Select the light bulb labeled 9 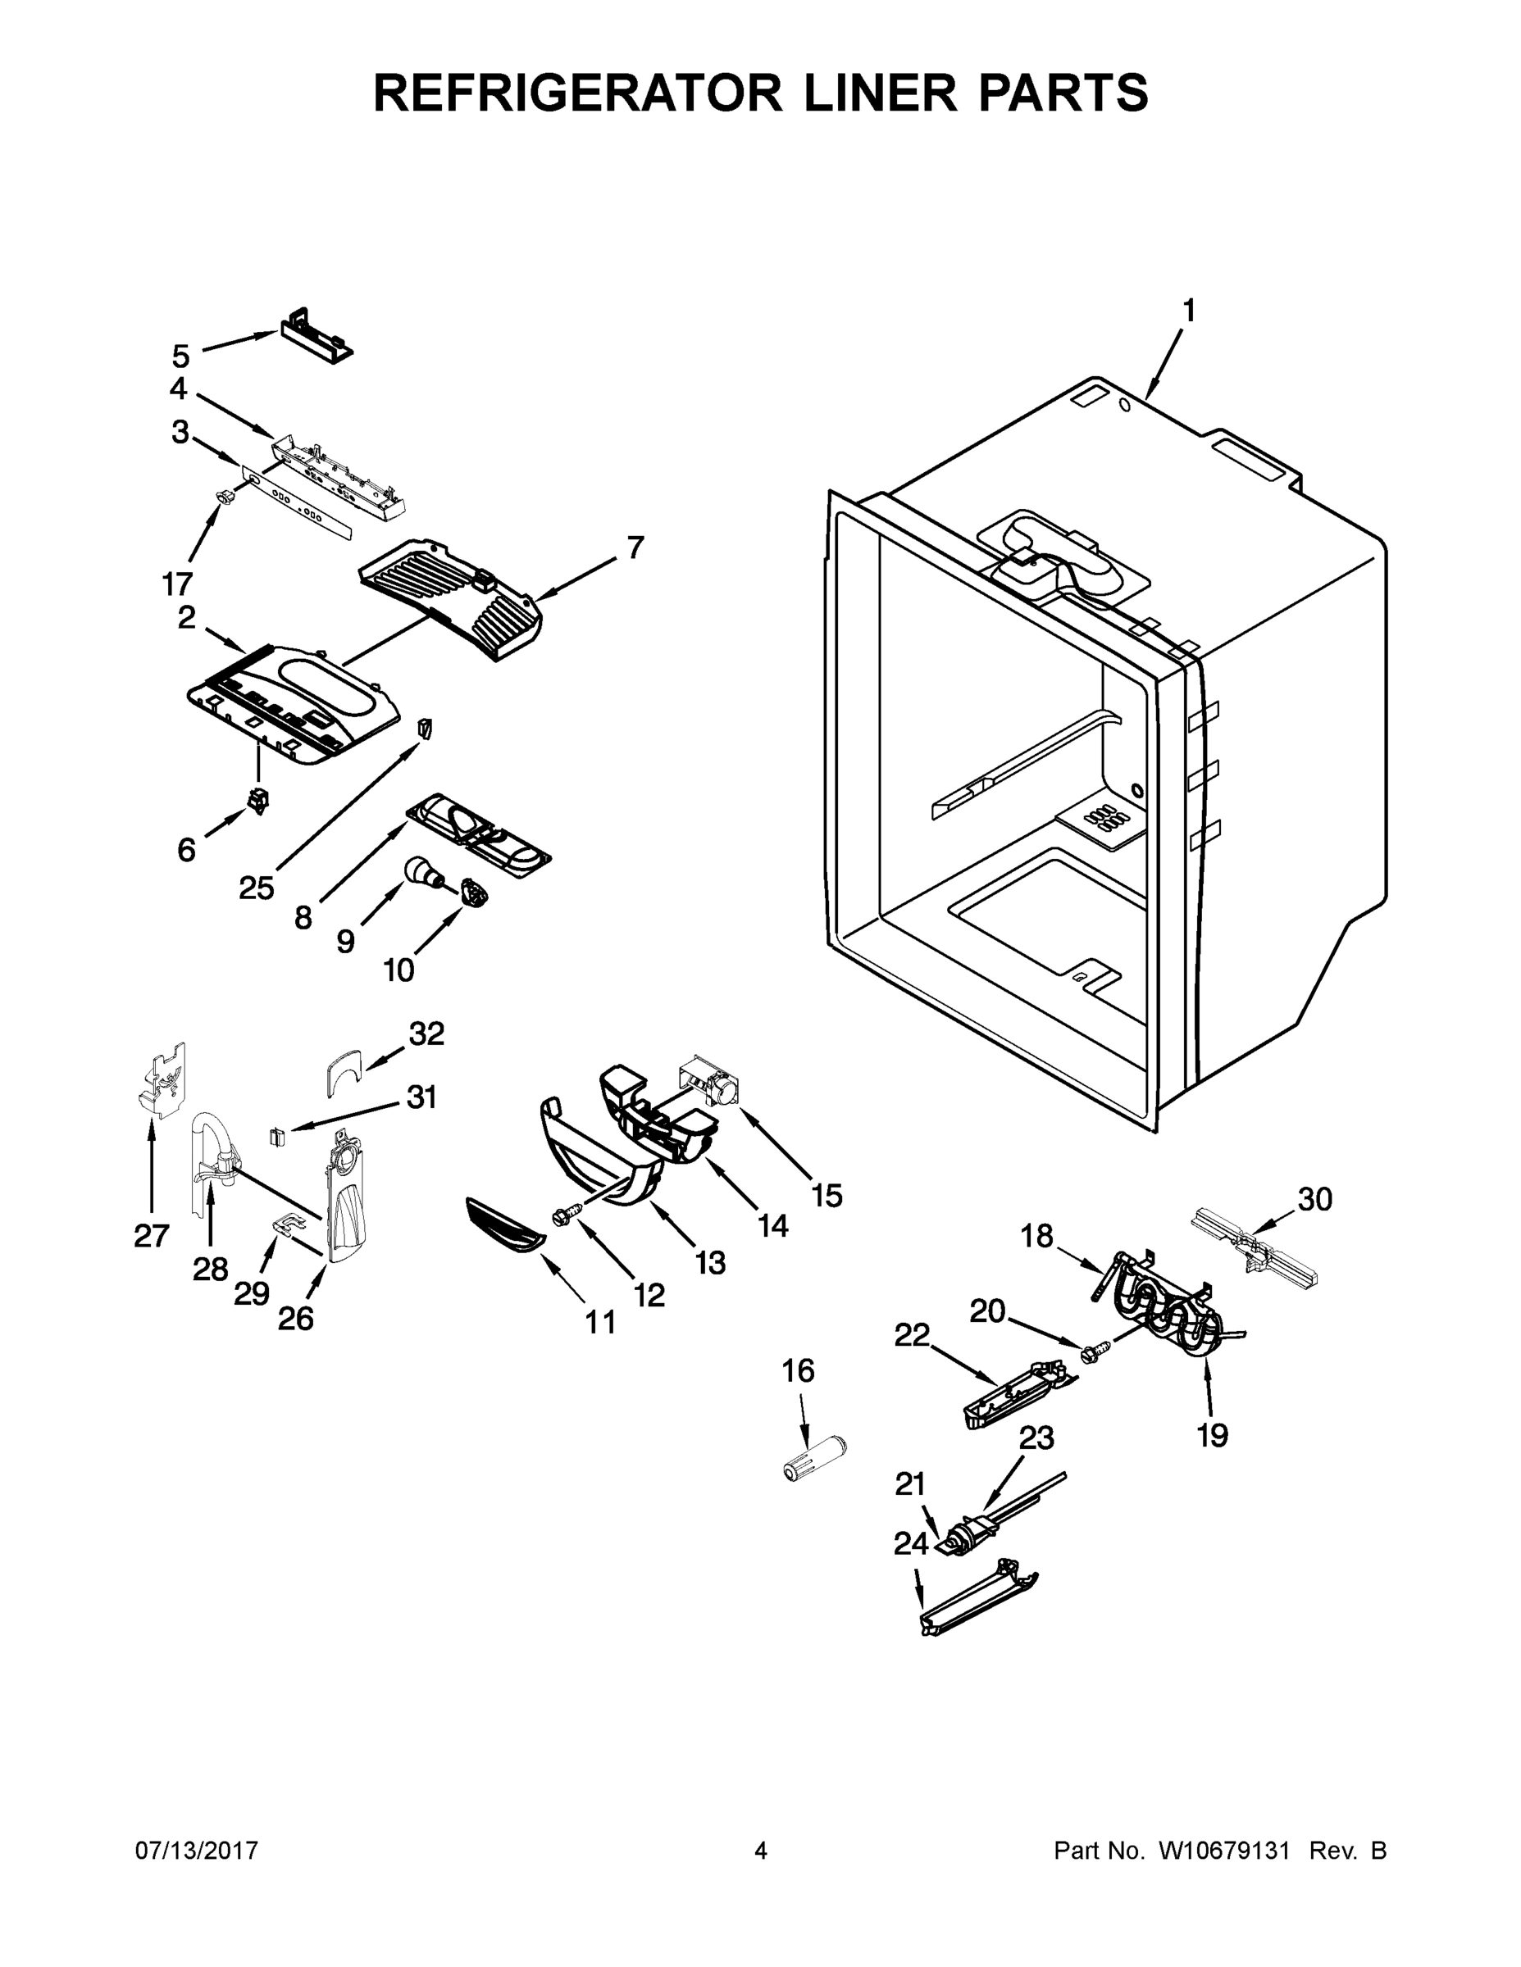click(x=420, y=871)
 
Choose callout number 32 click(x=426, y=1034)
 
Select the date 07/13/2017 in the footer click(x=197, y=1851)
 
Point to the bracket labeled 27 click(x=163, y=1082)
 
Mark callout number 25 click(x=256, y=889)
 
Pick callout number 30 click(x=1314, y=1199)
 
